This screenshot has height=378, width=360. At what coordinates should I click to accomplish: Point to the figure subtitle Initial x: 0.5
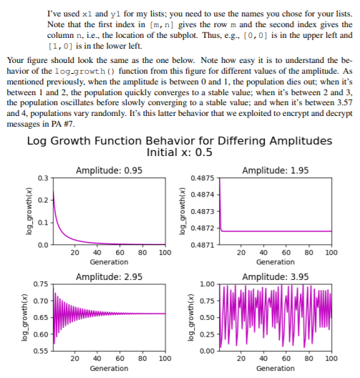[179, 152]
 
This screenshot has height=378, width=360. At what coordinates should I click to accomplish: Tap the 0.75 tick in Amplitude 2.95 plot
[43, 284]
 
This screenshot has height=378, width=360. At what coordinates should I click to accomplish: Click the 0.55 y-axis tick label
[43, 351]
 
